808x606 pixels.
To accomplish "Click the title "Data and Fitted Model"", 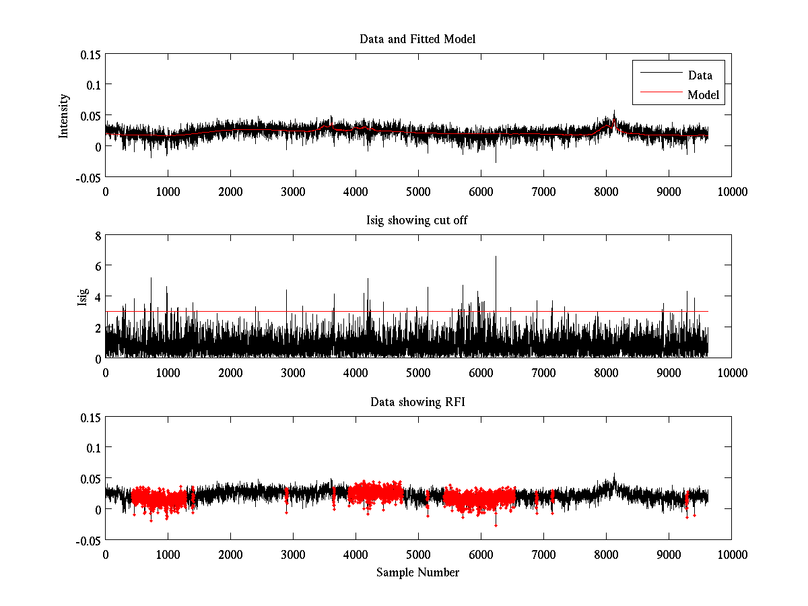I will coord(417,39).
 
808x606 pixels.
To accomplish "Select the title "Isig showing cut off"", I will coord(417,221).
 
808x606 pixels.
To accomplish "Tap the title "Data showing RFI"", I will coord(417,402).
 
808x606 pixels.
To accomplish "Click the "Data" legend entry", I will coord(700,75).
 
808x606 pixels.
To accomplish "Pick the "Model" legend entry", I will coord(703,95).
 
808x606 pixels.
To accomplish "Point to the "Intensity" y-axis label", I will coord(65,115).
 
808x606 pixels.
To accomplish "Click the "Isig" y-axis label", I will coord(82,297).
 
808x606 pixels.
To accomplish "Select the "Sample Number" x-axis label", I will coord(417,572).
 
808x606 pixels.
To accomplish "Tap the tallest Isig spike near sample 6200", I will coord(496,257).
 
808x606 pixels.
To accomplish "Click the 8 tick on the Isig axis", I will coord(98,236).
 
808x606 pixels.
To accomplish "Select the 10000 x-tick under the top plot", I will coord(731,191).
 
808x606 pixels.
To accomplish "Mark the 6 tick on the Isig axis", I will coord(98,266).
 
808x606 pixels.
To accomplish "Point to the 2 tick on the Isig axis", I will coord(98,327).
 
